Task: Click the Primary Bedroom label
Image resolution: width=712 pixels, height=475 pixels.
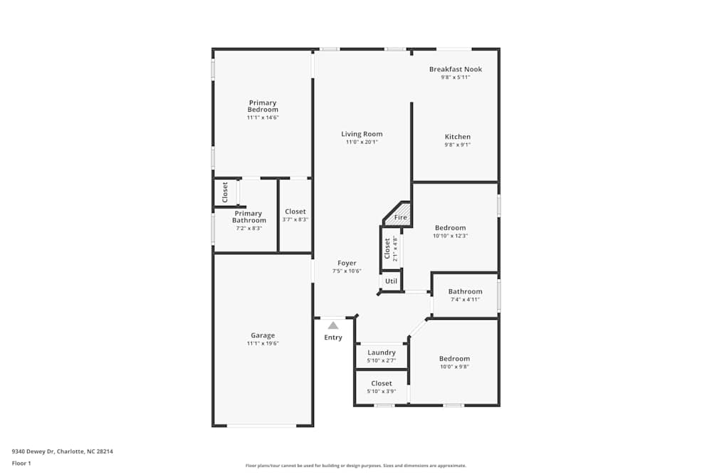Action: click(263, 106)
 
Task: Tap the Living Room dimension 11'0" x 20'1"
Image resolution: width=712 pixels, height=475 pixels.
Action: click(362, 142)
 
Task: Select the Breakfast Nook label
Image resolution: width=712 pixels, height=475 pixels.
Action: click(455, 69)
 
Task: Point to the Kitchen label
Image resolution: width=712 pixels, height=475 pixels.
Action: click(458, 137)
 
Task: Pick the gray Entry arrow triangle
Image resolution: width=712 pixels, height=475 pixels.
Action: click(333, 325)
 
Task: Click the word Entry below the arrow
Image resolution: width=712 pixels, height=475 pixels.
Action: click(333, 338)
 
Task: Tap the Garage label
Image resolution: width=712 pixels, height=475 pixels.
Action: click(263, 335)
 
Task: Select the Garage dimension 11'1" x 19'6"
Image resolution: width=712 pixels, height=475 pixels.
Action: click(263, 343)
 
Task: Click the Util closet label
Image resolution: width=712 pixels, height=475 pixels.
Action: click(391, 281)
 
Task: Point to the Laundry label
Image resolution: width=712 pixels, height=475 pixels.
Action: click(382, 353)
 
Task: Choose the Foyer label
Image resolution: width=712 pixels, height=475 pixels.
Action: click(347, 263)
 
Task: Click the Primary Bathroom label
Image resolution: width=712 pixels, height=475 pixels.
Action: click(248, 216)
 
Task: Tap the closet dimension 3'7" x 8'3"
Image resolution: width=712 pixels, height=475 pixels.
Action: click(295, 220)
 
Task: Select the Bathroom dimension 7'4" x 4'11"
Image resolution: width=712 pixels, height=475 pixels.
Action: click(465, 299)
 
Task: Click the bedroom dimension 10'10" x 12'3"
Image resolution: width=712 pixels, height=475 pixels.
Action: click(451, 236)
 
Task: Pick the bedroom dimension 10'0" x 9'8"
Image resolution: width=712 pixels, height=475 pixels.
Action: click(454, 367)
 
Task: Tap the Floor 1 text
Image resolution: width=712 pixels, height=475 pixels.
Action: click(21, 463)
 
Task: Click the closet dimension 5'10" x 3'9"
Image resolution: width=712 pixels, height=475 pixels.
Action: click(382, 392)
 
